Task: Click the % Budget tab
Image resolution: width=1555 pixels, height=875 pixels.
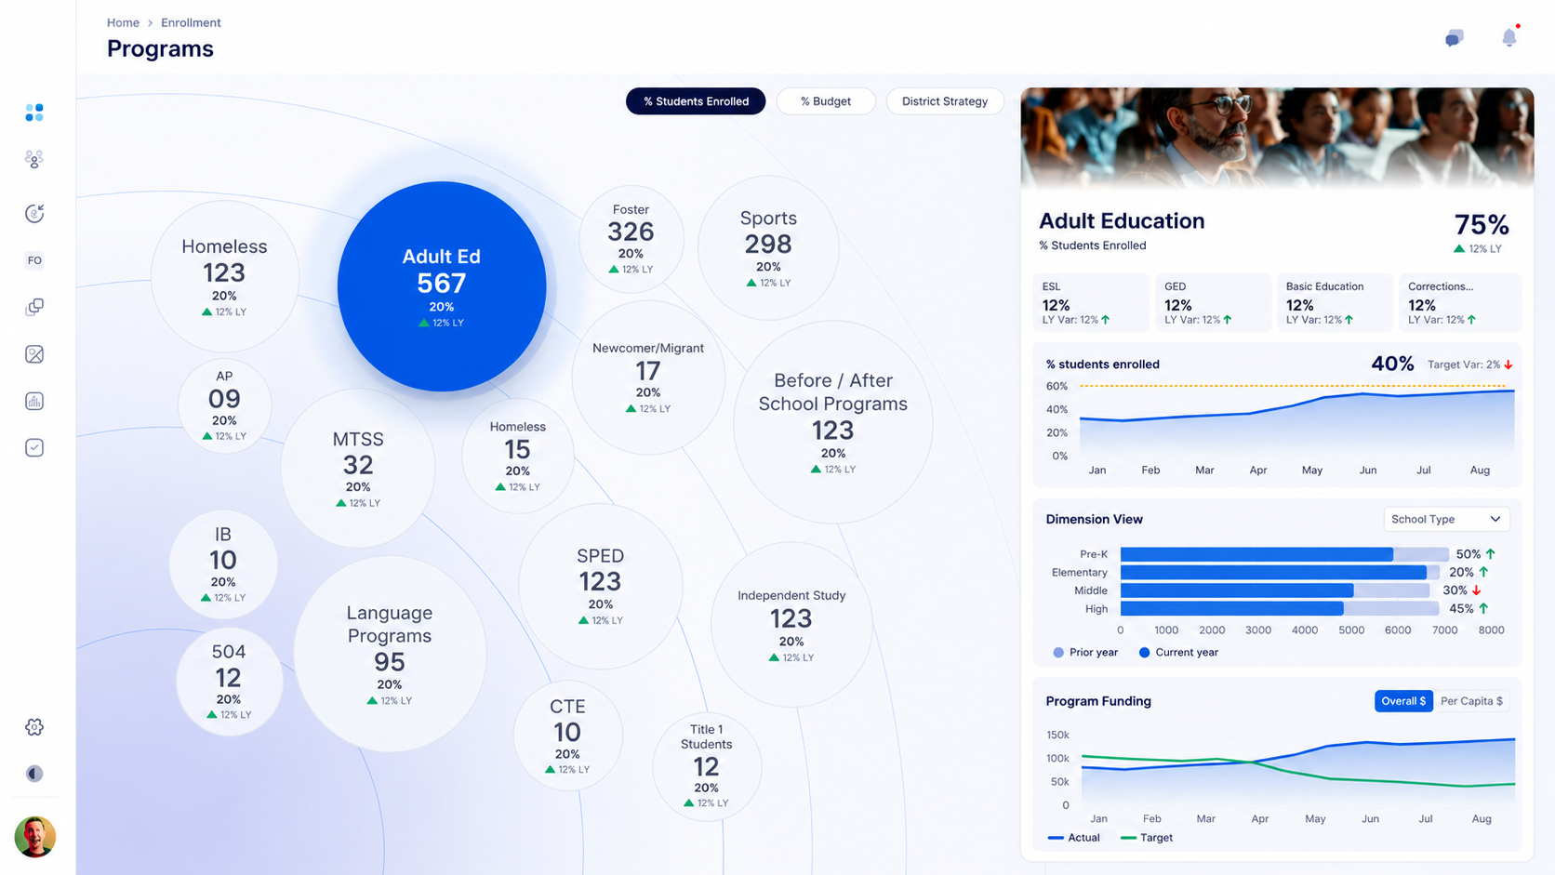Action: [826, 101]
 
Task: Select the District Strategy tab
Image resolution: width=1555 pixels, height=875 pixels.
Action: [944, 101]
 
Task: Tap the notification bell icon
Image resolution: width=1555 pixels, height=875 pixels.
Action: [1509, 37]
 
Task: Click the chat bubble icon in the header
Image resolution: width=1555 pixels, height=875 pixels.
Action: [1455, 37]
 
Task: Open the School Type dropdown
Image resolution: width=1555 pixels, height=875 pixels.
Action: [1446, 519]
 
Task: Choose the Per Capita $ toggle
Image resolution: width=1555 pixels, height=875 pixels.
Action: [1471, 701]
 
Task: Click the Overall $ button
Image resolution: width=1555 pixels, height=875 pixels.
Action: [1403, 701]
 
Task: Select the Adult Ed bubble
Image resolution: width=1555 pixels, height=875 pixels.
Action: [442, 286]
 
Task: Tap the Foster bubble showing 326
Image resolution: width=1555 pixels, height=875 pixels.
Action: [631, 239]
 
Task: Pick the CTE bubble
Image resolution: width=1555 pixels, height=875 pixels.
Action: [568, 736]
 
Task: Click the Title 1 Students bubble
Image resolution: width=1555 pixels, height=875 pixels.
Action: [707, 767]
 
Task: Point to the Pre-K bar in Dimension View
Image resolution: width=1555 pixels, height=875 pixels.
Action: [1256, 554]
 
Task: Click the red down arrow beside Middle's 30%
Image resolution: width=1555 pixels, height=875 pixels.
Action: [1477, 590]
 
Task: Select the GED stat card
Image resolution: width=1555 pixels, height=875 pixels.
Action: [1213, 302]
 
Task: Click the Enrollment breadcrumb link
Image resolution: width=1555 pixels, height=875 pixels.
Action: [191, 22]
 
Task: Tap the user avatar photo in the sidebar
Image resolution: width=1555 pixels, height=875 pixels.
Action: [34, 837]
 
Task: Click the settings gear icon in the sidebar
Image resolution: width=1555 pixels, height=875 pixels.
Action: [34, 727]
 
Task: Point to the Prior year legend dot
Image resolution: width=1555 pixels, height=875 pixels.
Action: [1058, 652]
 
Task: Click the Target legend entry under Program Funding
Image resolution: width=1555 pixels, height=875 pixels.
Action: [1146, 838]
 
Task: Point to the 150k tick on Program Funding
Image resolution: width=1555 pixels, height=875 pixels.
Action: [1057, 735]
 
